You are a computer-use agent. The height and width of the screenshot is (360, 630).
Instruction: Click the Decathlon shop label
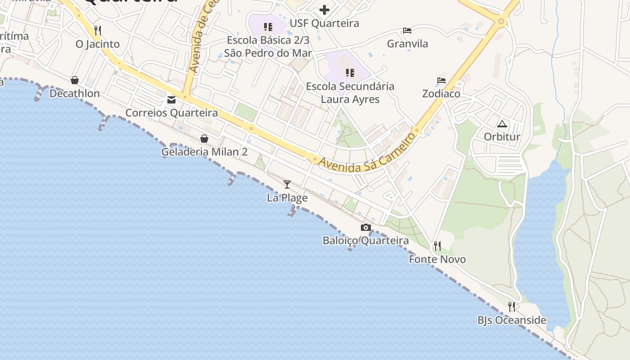(x=74, y=94)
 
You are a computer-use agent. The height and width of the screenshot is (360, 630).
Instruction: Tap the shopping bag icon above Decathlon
(x=75, y=80)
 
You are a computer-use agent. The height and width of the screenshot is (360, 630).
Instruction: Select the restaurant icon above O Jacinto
(x=98, y=30)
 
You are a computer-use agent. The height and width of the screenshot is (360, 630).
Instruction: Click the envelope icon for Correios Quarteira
(x=171, y=99)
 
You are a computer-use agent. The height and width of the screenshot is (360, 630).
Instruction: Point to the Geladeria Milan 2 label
(x=204, y=152)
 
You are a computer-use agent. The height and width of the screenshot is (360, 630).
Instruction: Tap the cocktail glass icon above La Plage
(x=287, y=184)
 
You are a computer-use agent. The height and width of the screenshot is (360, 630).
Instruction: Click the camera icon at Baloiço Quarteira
(x=366, y=227)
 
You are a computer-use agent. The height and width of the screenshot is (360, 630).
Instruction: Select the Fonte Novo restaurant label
(x=437, y=260)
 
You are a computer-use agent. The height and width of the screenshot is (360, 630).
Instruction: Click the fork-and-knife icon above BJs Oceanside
(x=512, y=307)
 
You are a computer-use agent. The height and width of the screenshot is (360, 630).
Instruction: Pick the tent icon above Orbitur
(x=502, y=124)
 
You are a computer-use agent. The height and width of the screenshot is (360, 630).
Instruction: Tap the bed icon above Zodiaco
(x=441, y=81)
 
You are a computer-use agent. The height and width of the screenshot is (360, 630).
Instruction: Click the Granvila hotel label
(x=407, y=44)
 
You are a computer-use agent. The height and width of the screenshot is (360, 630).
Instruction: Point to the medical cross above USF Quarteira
(x=324, y=10)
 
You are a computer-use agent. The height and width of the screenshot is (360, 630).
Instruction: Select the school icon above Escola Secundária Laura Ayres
(x=350, y=72)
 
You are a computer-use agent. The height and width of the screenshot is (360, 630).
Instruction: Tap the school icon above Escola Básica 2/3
(x=268, y=27)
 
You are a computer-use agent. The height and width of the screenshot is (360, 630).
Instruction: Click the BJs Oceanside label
(x=512, y=320)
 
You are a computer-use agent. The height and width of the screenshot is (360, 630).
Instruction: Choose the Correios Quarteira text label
(x=171, y=113)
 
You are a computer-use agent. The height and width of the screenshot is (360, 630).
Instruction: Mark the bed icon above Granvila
(x=407, y=31)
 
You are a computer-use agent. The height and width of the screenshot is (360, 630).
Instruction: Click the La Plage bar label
(x=287, y=198)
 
